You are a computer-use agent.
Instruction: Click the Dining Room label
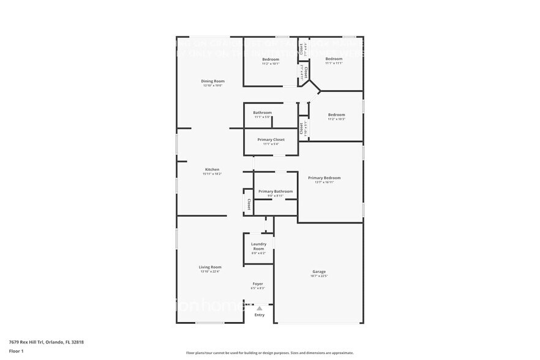[x=213, y=81]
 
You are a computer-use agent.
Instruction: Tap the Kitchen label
[x=212, y=170]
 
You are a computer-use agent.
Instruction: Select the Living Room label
[x=210, y=267]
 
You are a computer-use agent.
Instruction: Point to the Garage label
[x=319, y=271]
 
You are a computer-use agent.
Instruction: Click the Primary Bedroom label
[x=324, y=178]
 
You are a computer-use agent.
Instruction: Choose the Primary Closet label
[x=271, y=140]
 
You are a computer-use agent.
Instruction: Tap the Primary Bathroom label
[x=276, y=191]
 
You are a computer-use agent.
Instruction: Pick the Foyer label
[x=258, y=284]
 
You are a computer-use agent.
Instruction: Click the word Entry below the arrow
[x=260, y=315]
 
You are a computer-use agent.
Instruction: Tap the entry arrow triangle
[x=260, y=308]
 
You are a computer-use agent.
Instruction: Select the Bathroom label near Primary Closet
[x=263, y=113]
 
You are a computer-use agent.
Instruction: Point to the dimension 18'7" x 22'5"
[x=319, y=276]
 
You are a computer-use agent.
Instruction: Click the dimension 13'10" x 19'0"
[x=213, y=86]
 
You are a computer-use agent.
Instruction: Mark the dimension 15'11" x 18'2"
[x=212, y=174]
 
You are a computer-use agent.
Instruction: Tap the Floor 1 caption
[x=16, y=351]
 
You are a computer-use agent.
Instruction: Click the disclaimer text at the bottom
[x=269, y=353]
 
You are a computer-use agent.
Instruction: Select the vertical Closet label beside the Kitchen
[x=249, y=203]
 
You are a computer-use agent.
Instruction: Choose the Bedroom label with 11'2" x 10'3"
[x=336, y=114]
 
